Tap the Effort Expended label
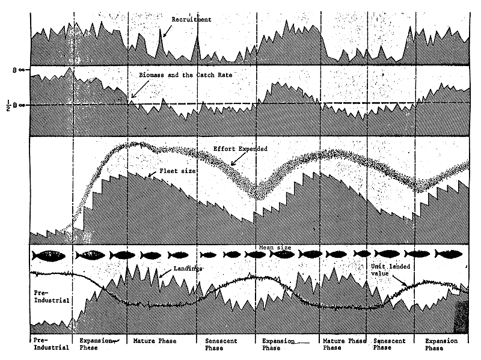coord(240,148)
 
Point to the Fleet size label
coord(179,171)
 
